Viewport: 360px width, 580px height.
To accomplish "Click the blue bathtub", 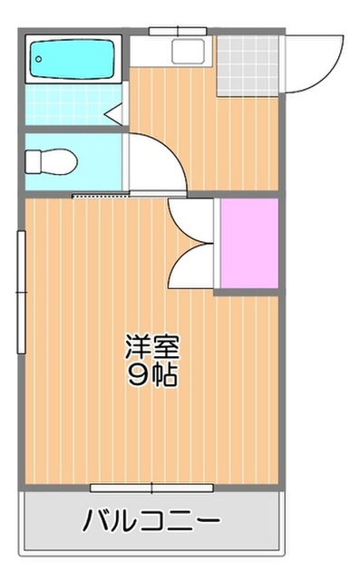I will pyautogui.click(x=73, y=60).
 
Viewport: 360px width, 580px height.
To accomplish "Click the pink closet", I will pyautogui.click(x=248, y=244).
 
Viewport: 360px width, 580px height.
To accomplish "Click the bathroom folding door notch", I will pyautogui.click(x=114, y=113).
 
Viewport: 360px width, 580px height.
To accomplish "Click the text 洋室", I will pyautogui.click(x=151, y=348).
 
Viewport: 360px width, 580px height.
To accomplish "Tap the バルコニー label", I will pyautogui.click(x=151, y=521).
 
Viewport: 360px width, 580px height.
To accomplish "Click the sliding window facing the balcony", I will pyautogui.click(x=151, y=488).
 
